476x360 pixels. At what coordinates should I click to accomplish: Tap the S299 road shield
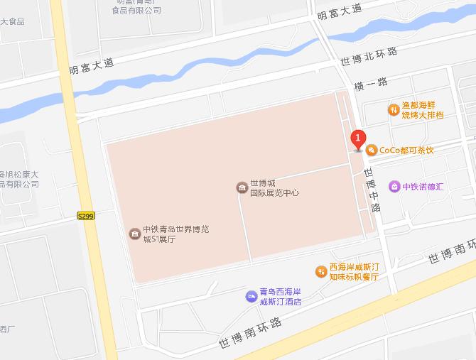[85, 215]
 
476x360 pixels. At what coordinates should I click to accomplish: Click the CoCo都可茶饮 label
[406, 150]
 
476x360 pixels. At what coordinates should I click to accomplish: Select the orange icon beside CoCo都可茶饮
[371, 150]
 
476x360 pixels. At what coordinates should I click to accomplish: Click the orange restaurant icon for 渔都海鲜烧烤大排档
[393, 109]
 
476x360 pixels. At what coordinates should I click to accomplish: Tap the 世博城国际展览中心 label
[274, 187]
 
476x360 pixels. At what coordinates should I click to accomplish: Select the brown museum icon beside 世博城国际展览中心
[242, 187]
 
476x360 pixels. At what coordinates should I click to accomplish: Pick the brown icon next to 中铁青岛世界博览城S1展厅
[134, 234]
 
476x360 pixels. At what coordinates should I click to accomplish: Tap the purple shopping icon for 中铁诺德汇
[394, 187]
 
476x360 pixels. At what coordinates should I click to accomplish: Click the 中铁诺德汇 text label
[423, 187]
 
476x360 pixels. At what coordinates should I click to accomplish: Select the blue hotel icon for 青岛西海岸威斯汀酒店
[251, 296]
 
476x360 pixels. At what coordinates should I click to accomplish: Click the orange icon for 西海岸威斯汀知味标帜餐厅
[321, 271]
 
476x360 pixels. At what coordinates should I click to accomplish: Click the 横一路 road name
[371, 83]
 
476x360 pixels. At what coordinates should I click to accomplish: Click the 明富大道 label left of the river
[92, 67]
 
